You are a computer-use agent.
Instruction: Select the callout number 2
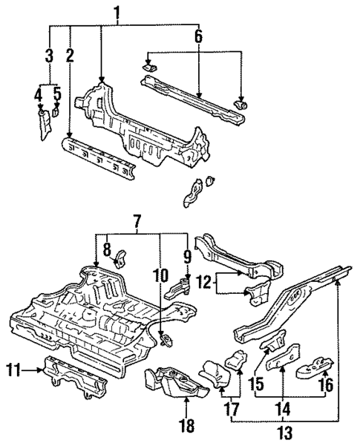pyautogui.click(x=70, y=55)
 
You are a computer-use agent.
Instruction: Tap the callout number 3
pyautogui.click(x=48, y=55)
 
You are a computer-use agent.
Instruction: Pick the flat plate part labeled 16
pyautogui.click(x=313, y=367)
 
